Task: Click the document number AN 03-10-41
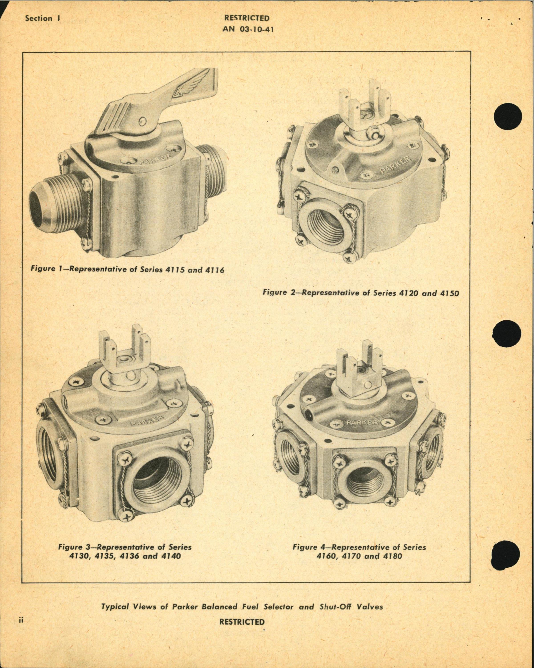click(248, 30)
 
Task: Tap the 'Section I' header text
click(43, 18)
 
